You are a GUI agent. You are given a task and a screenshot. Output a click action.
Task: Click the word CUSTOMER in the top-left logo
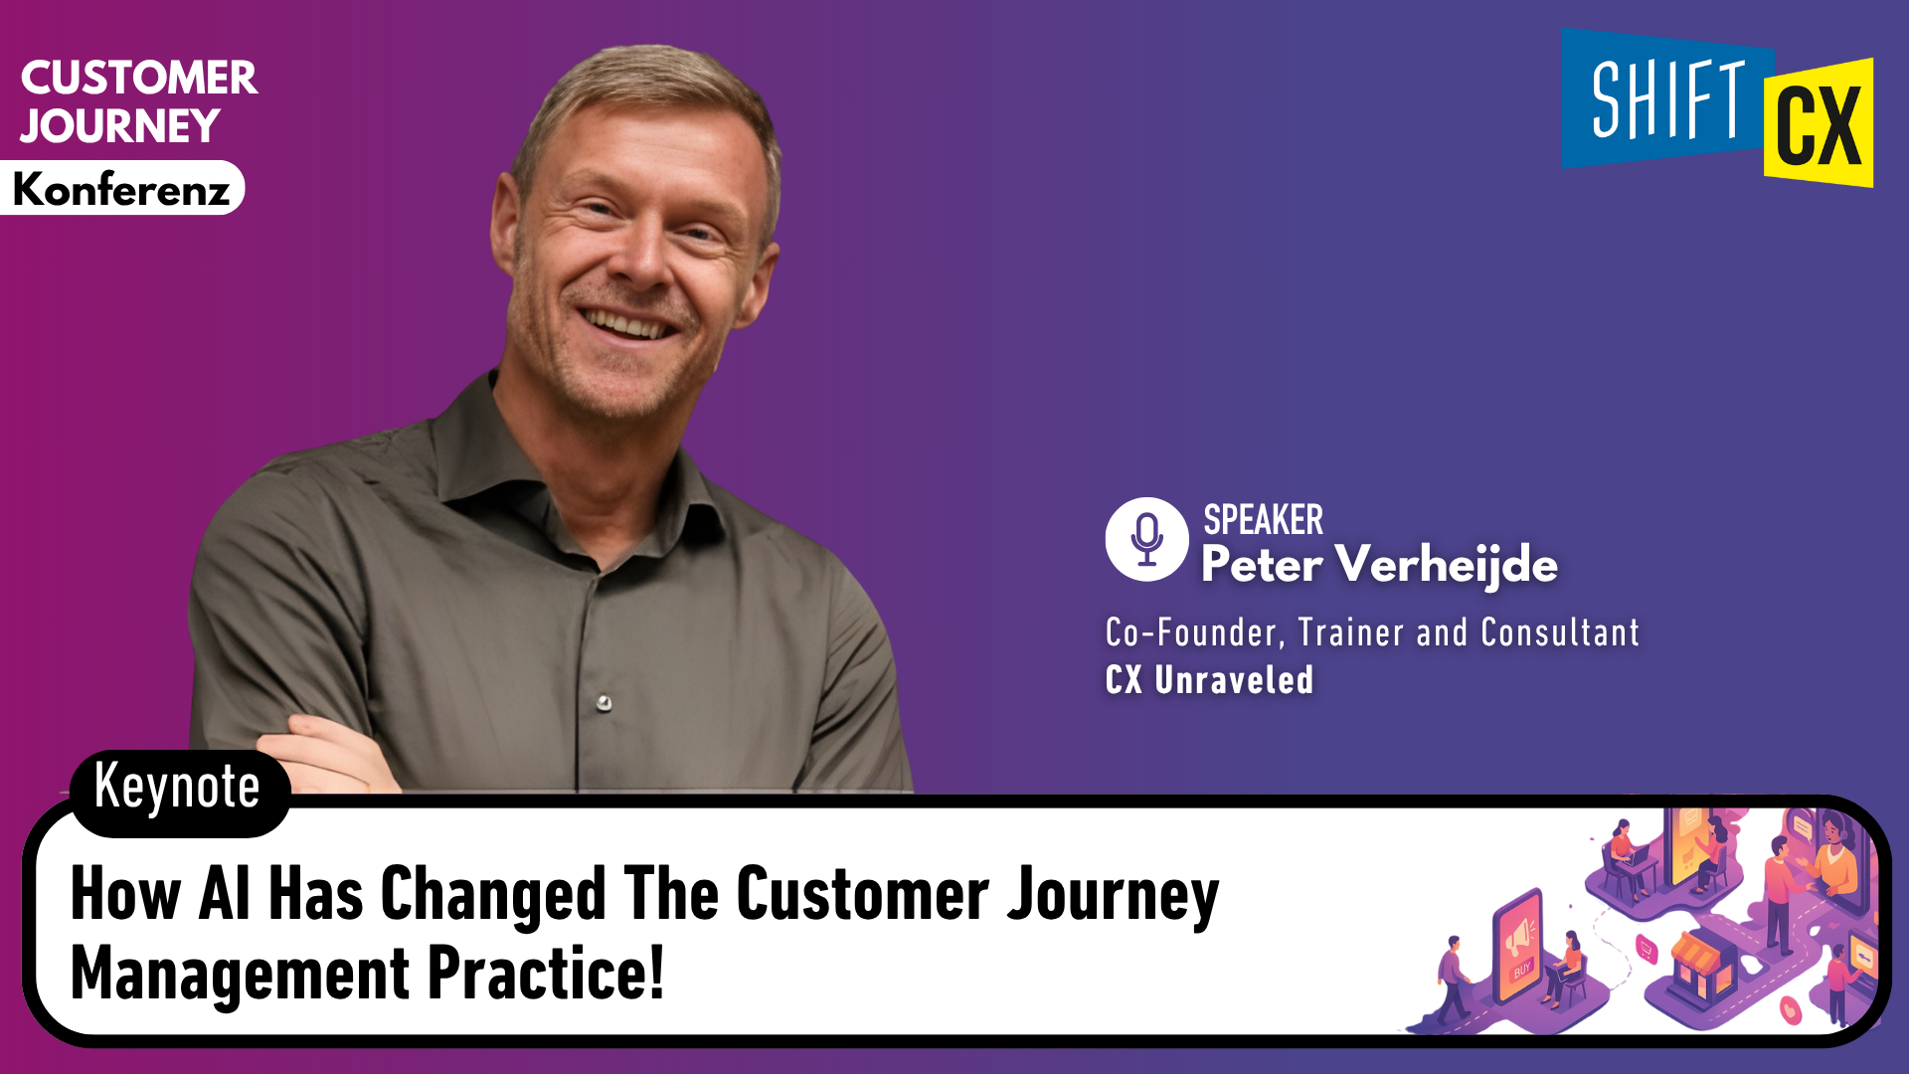(139, 79)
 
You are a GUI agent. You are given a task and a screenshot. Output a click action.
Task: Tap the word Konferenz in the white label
(121, 189)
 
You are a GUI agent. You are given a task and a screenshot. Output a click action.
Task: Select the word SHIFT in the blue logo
(1667, 99)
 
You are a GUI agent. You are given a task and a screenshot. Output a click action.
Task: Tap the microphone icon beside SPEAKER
(1146, 539)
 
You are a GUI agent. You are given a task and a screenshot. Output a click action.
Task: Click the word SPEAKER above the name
(1263, 520)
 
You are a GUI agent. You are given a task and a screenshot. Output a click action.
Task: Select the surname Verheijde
(1446, 565)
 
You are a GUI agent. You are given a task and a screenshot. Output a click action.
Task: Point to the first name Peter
(1261, 565)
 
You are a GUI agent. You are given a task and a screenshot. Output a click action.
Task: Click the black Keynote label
(178, 789)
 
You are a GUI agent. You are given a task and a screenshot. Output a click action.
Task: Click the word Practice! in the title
(546, 974)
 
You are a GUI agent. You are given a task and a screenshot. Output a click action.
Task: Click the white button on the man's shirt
(604, 703)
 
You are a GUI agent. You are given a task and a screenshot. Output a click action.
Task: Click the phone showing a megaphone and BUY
(1517, 950)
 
